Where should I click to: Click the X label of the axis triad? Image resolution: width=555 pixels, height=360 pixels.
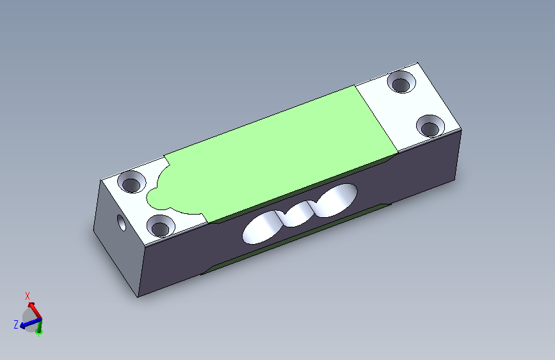point(28,296)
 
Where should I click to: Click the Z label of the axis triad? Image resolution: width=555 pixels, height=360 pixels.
point(16,324)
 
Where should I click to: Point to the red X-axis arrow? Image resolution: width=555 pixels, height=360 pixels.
point(35,311)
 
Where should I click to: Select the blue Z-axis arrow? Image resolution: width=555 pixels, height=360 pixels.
point(31,323)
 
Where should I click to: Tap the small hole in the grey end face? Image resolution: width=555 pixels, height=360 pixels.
point(122,222)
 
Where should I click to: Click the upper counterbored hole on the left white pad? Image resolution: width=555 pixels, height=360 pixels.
point(132,182)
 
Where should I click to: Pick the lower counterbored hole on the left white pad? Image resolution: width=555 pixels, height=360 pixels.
point(161,225)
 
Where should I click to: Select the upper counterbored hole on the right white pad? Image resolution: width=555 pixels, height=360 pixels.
point(401,82)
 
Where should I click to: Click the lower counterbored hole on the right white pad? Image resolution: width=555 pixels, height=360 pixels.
point(430,126)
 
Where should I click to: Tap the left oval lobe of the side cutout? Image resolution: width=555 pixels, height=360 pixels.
point(260,229)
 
